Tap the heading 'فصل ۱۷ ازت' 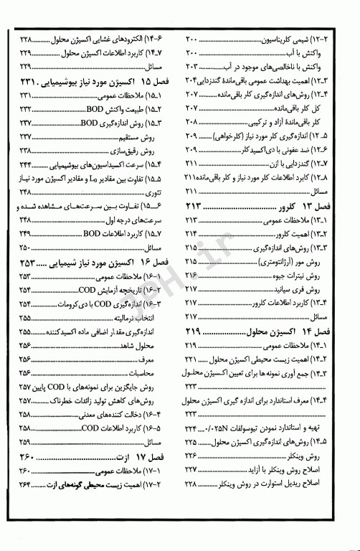(x=140, y=457)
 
